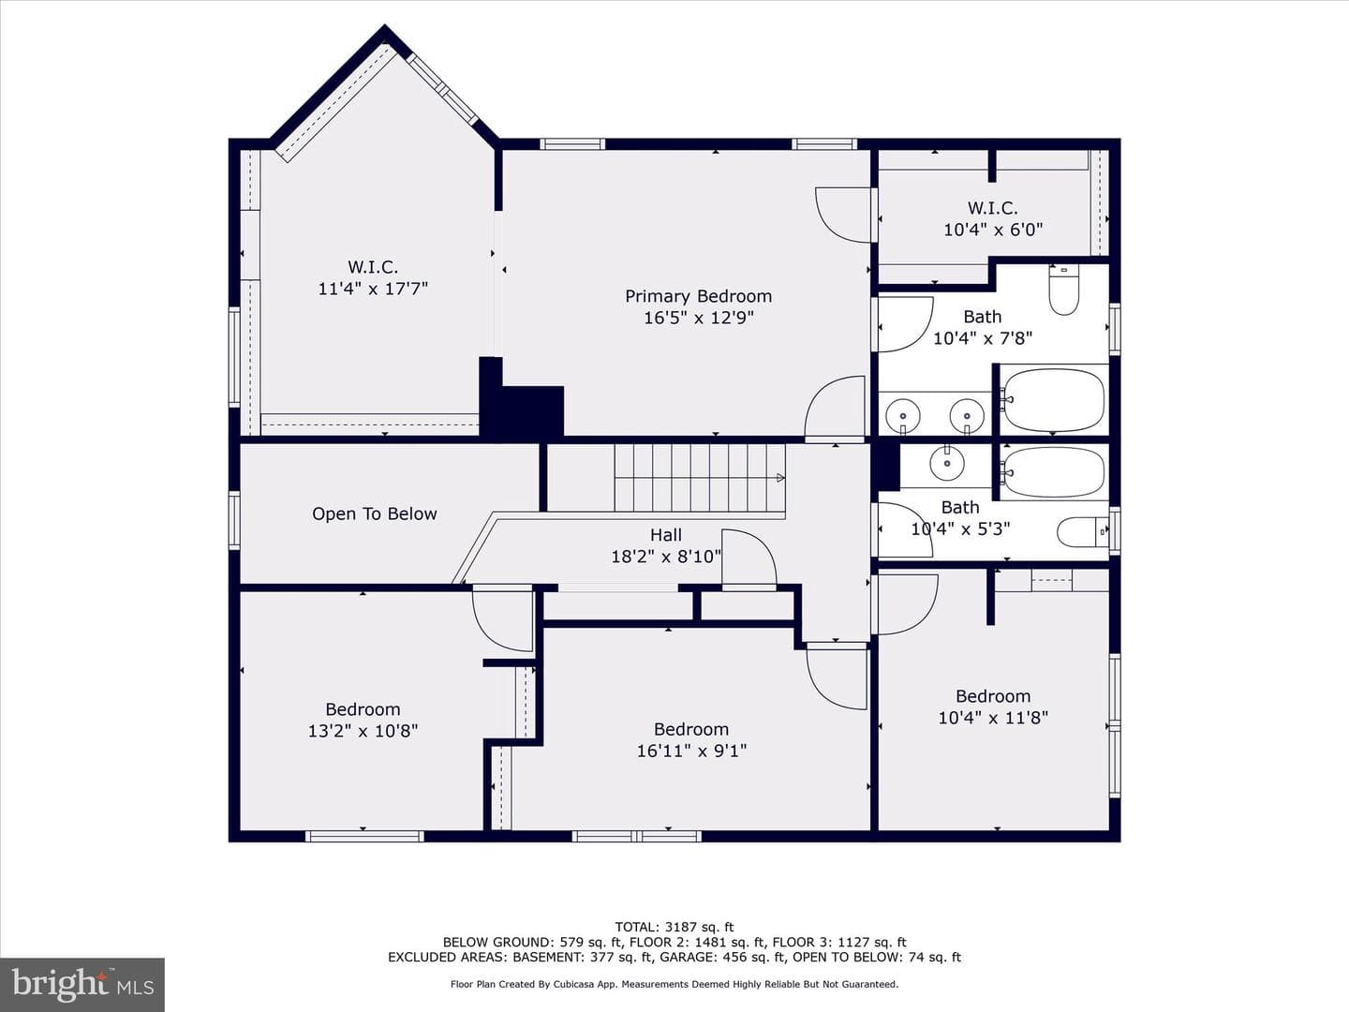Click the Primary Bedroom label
point(698,296)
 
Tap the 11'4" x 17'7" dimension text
point(373,289)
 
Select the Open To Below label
point(375,513)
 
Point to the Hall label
point(665,534)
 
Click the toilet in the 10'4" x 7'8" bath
point(1064,290)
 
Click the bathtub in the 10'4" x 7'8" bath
point(1053,400)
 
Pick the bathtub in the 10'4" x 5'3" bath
point(1053,471)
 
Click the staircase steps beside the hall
point(700,478)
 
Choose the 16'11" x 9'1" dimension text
point(691,751)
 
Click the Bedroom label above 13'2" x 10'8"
point(363,709)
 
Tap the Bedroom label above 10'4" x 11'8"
point(992,696)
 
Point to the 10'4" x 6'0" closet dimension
point(993,230)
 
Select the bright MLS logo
point(82,984)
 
